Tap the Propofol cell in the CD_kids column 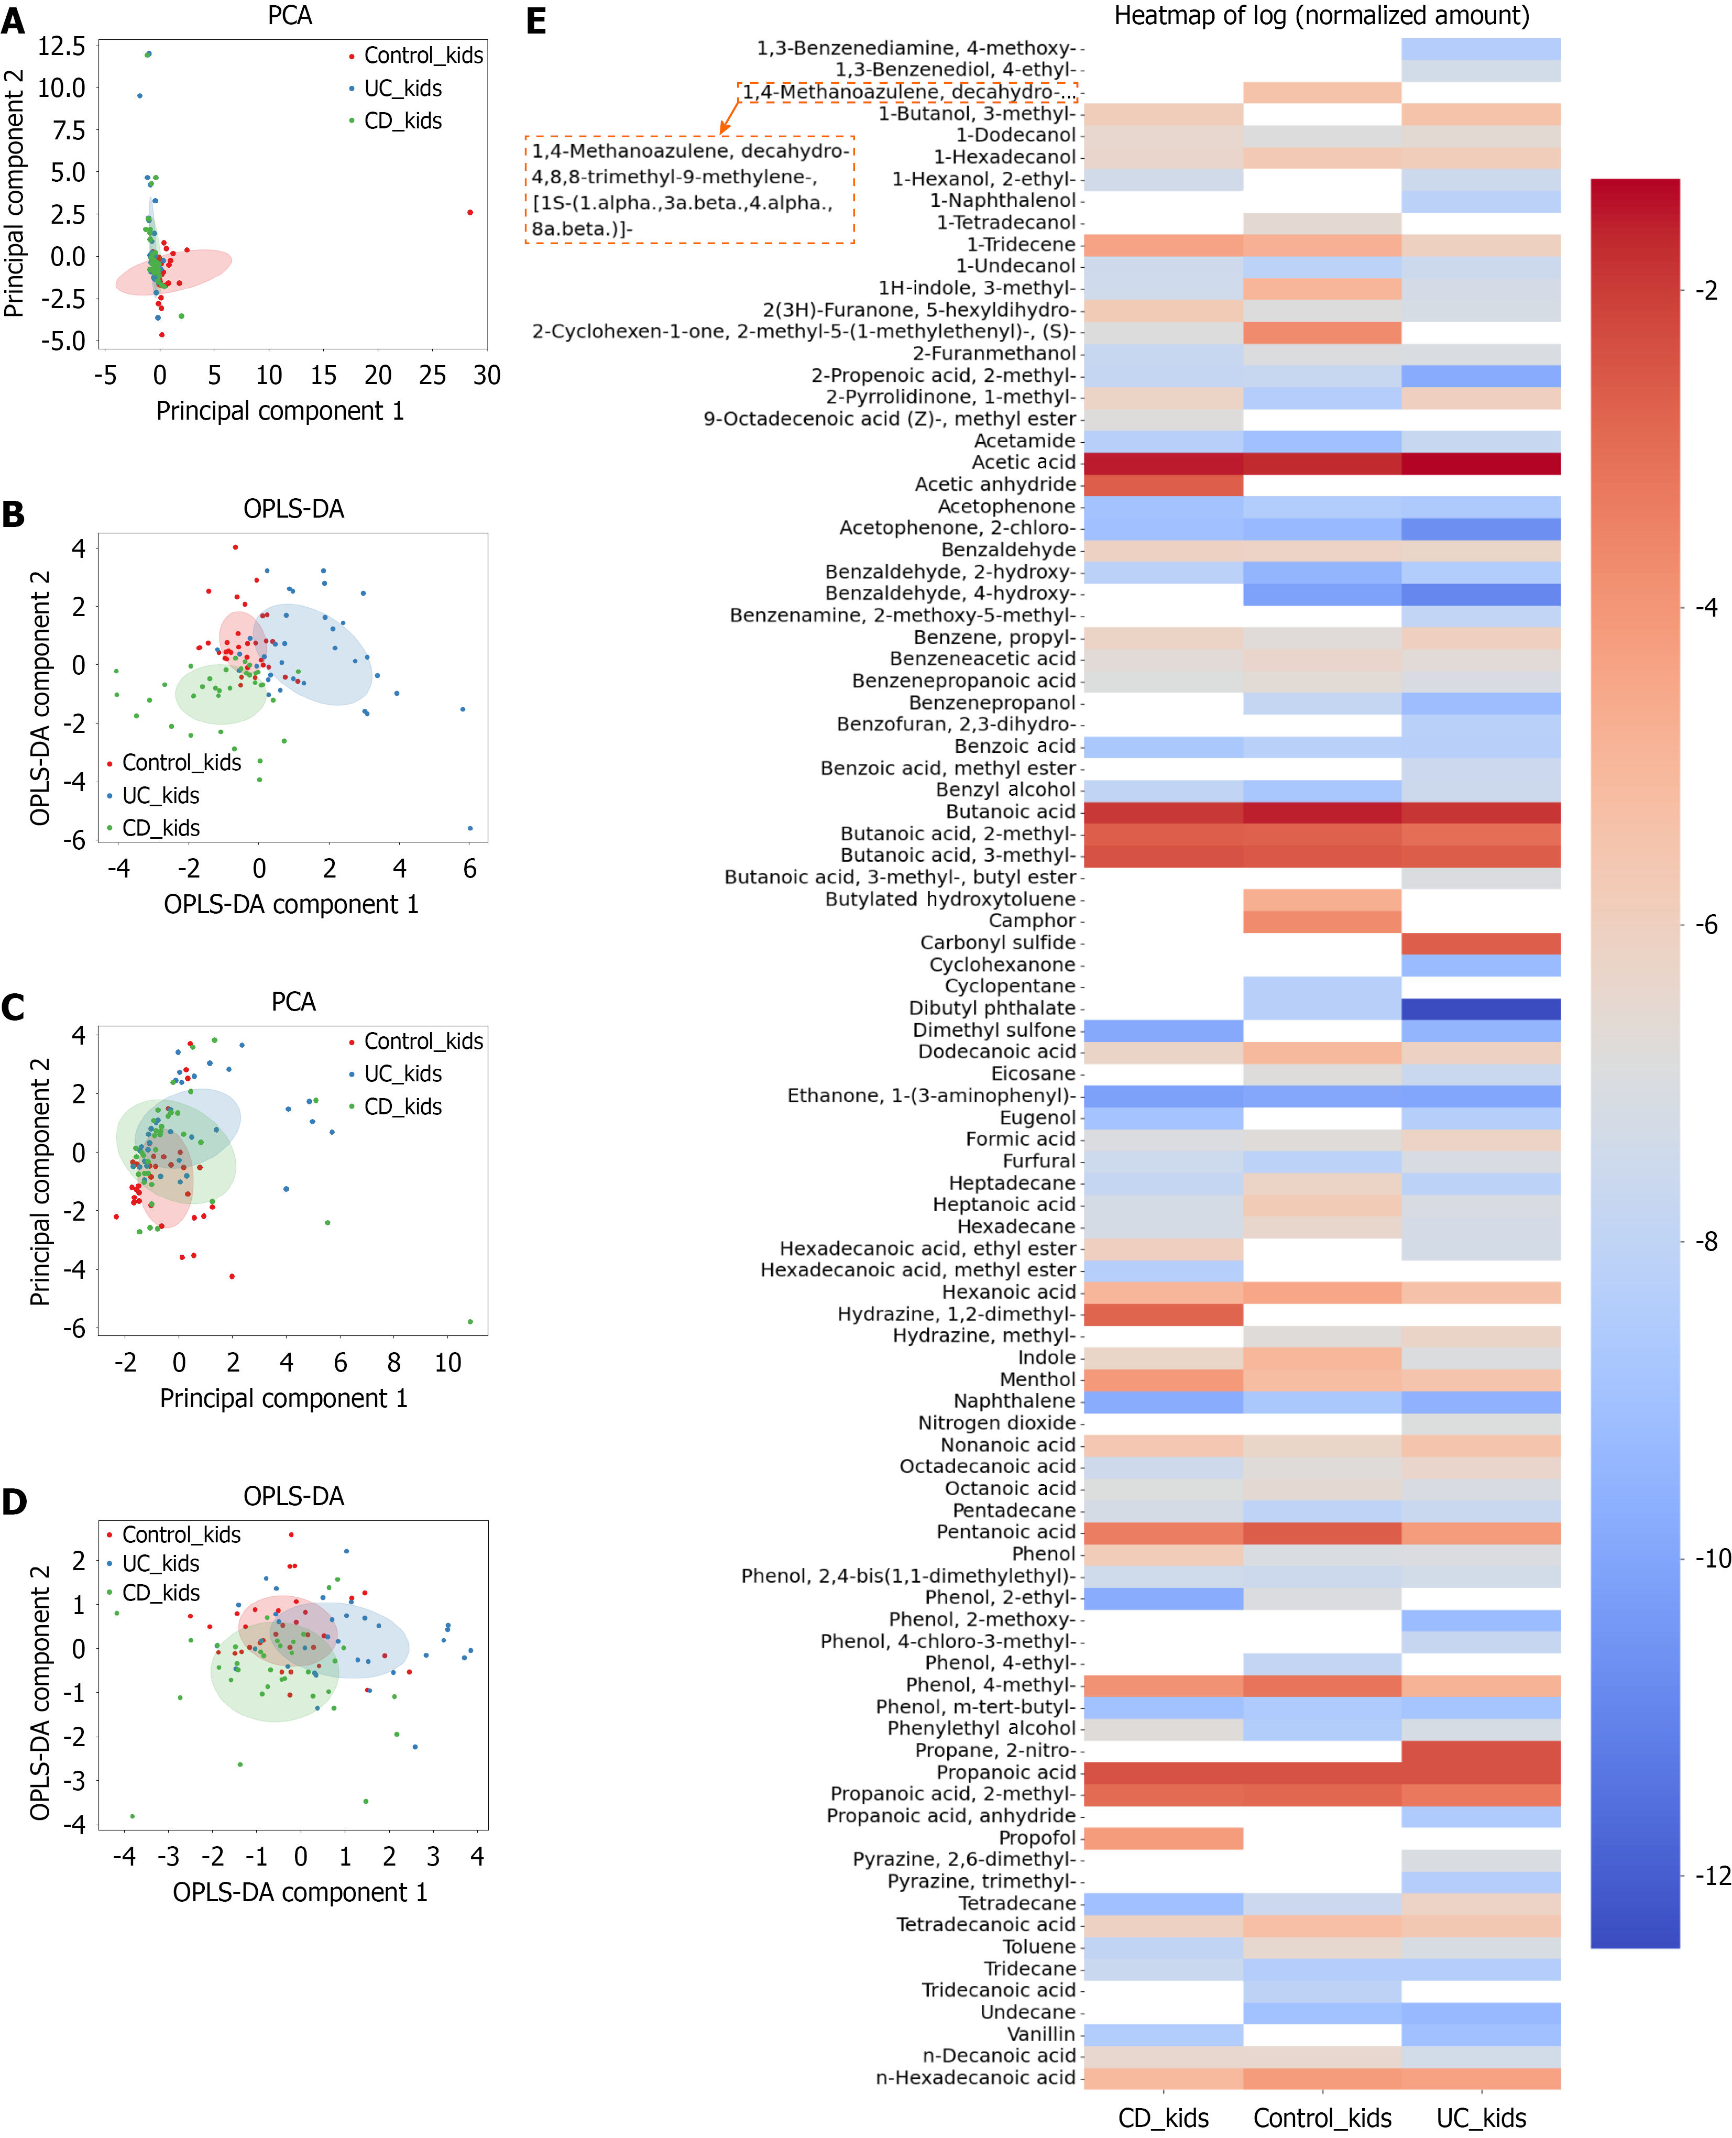click(1164, 1838)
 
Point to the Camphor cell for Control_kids click(1322, 921)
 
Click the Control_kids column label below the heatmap click(1322, 2117)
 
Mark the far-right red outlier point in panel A click(470, 213)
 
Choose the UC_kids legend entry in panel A click(402, 89)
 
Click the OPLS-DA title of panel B click(293, 509)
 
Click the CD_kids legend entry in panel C click(402, 1106)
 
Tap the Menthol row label click(1038, 1380)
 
